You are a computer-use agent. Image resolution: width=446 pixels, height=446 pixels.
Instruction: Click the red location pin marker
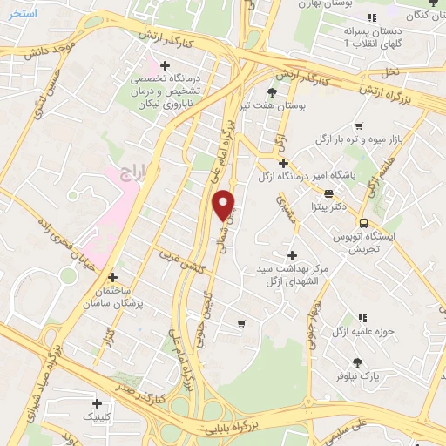click(x=225, y=204)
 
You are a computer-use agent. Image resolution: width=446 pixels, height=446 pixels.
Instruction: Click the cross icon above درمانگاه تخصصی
click(x=165, y=64)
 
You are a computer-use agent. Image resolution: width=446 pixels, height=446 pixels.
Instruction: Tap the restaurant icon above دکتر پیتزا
click(x=328, y=194)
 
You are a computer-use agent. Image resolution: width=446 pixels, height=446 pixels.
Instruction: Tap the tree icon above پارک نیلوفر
click(x=357, y=362)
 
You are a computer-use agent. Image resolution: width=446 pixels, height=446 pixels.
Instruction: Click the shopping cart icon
click(x=241, y=324)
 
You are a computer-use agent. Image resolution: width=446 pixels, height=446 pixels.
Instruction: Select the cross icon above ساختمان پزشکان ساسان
click(x=111, y=276)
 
